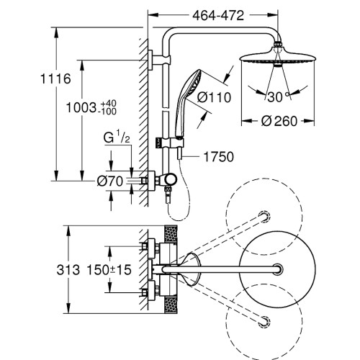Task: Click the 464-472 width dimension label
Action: [x=218, y=16]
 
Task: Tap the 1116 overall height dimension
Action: [x=55, y=78]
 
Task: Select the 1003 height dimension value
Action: [x=81, y=107]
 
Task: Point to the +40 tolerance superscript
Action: [x=109, y=104]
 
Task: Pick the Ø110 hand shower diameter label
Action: [x=214, y=97]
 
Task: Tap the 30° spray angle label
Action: [x=279, y=97]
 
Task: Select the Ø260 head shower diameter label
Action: [x=279, y=121]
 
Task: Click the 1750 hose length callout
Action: [x=218, y=157]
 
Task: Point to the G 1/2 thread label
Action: [x=117, y=138]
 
